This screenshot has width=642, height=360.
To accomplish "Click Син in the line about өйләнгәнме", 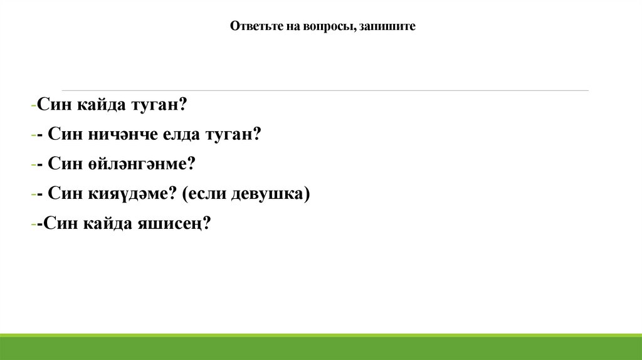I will pos(63,164).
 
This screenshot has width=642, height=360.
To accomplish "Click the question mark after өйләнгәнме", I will pos(191,164).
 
